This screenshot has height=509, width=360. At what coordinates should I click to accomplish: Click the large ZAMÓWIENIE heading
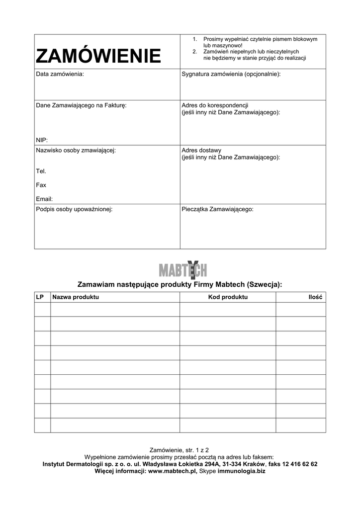pyautogui.click(x=98, y=56)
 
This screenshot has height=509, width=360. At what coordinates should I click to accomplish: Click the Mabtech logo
pyautogui.click(x=182, y=270)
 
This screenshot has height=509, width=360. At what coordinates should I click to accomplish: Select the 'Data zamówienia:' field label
pyautogui.click(x=60, y=74)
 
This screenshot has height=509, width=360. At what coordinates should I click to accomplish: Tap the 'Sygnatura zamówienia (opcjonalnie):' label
pyautogui.click(x=231, y=74)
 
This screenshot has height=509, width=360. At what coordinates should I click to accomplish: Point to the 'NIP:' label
pyautogui.click(x=42, y=140)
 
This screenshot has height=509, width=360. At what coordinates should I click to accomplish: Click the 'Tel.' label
pyautogui.click(x=41, y=171)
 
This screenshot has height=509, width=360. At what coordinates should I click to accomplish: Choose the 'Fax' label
pyautogui.click(x=41, y=185)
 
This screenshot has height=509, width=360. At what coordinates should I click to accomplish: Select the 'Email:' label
pyautogui.click(x=44, y=199)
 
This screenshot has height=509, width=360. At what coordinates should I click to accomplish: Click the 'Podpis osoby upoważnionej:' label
pyautogui.click(x=74, y=209)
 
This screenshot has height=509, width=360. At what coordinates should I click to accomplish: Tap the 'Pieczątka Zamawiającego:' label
pyautogui.click(x=218, y=209)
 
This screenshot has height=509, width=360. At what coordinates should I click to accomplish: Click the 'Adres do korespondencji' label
pyautogui.click(x=215, y=105)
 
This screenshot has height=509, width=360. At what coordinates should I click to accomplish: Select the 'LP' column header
pyautogui.click(x=40, y=297)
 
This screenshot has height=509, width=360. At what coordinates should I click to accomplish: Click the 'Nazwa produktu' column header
pyautogui.click(x=76, y=297)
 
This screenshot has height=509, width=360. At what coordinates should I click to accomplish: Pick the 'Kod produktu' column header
pyautogui.click(x=228, y=297)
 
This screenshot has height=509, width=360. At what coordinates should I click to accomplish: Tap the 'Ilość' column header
pyautogui.click(x=315, y=297)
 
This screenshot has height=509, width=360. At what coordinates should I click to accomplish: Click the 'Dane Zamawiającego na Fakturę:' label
pyautogui.click(x=81, y=105)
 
